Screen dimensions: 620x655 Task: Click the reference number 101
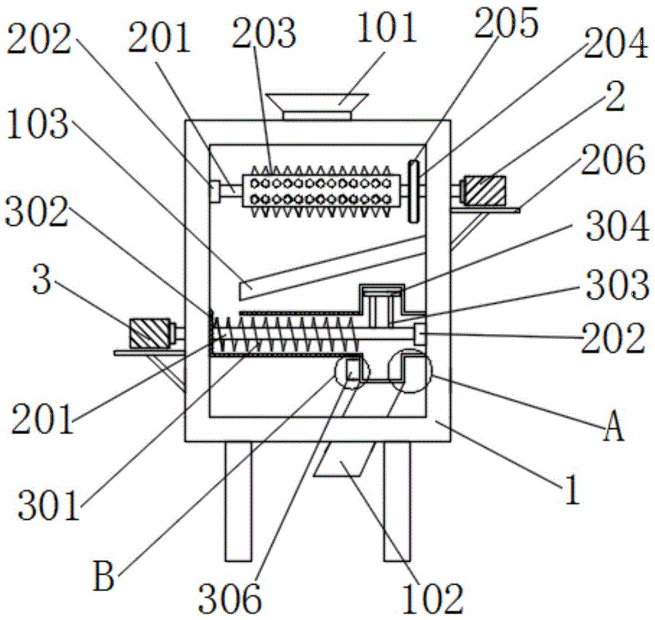pyautogui.click(x=386, y=29)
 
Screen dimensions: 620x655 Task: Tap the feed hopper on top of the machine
pyautogui.click(x=317, y=106)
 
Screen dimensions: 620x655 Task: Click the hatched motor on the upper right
pyautogui.click(x=485, y=191)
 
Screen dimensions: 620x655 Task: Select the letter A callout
pyautogui.click(x=613, y=429)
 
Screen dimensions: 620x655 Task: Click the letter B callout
pyautogui.click(x=105, y=579)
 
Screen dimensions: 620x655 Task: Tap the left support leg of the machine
pyautogui.click(x=238, y=501)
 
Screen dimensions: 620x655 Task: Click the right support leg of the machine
pyautogui.click(x=397, y=501)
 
